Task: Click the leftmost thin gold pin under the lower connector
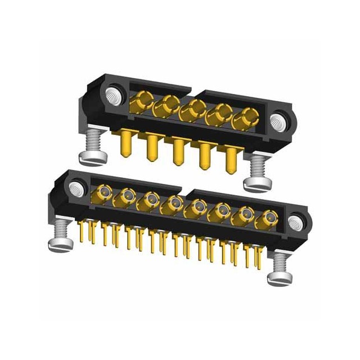[x=83, y=232]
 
